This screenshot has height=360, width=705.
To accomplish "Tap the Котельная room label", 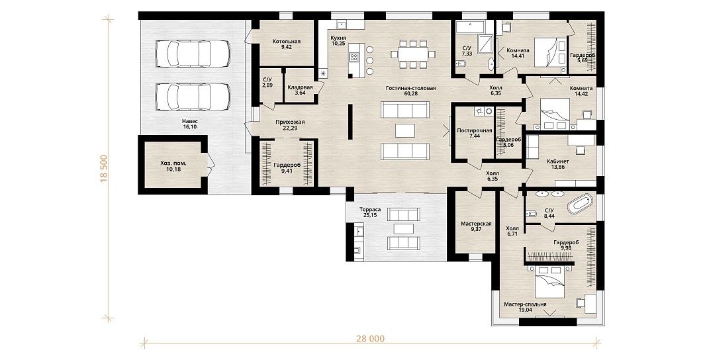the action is point(287,42).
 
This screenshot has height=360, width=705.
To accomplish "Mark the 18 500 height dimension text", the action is point(104,169).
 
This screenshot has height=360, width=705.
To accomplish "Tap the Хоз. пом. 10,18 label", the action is point(173,166).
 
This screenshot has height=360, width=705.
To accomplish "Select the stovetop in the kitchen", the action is point(354,57).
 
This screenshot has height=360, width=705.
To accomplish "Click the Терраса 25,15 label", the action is point(370,212).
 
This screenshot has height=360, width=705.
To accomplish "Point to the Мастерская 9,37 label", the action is point(476,226).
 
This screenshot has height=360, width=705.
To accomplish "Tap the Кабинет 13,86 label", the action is point(557,164).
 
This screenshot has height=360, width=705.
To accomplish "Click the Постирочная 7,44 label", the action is point(474,134).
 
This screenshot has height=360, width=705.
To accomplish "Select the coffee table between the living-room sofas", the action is point(404,130).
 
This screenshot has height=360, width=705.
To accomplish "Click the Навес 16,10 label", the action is point(190,124).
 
